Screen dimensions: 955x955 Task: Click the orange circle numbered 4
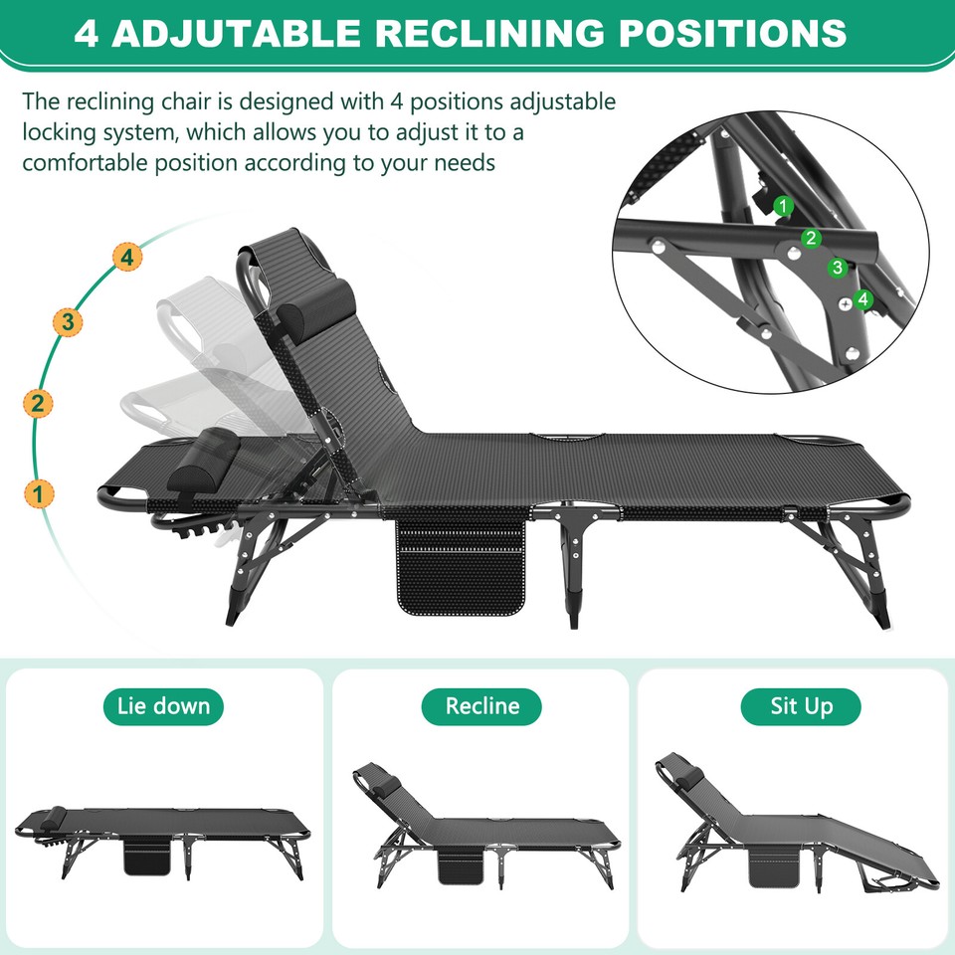(125, 258)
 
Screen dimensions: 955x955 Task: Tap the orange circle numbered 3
(68, 322)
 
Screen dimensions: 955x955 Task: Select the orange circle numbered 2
(38, 404)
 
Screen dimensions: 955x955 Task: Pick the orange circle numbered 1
(38, 492)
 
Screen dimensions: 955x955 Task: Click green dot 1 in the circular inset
(784, 207)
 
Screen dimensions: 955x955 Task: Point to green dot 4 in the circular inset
(862, 297)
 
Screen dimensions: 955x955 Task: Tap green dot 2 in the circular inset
(811, 238)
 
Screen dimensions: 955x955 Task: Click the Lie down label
(163, 707)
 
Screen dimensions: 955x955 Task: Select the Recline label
(482, 707)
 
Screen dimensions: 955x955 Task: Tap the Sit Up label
(801, 707)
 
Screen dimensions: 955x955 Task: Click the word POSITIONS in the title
(733, 33)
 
